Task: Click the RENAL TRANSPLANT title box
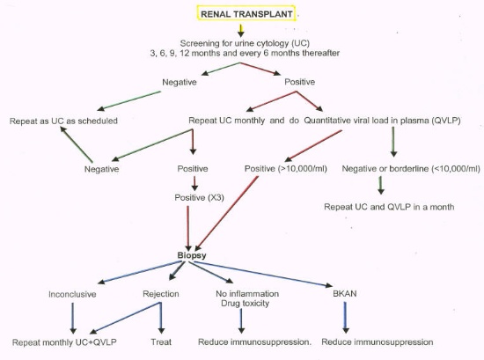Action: (246, 13)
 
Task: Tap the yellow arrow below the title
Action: (241, 30)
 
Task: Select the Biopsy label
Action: (192, 255)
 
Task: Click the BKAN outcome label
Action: (345, 293)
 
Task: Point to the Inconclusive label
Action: (72, 294)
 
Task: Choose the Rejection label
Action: (161, 294)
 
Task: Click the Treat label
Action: (161, 342)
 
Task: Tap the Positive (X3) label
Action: (199, 197)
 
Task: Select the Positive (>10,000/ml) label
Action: (286, 169)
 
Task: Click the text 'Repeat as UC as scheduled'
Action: (63, 121)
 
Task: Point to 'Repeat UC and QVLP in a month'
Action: (389, 207)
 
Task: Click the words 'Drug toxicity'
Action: (246, 304)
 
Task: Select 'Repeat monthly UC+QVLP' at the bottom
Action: (64, 342)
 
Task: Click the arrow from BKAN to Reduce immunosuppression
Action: (346, 317)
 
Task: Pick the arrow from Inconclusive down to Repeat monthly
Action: (73, 318)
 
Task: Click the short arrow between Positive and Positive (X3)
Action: (194, 183)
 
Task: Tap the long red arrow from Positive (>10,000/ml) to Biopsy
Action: (226, 213)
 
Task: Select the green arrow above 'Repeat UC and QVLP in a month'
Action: (381, 185)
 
